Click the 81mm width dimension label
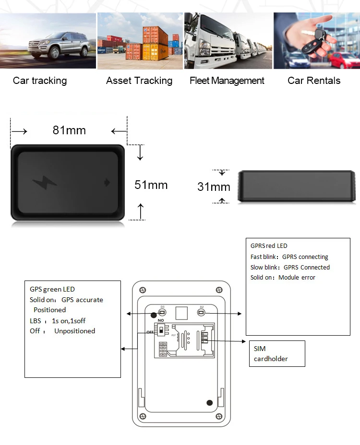(69, 130)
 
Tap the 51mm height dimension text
(151, 185)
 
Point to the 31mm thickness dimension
(214, 187)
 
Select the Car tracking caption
(40, 81)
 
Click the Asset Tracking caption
(139, 81)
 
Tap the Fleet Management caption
(227, 81)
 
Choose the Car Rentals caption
(314, 81)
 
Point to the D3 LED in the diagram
(163, 312)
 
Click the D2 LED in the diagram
(202, 312)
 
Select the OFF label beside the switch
(150, 331)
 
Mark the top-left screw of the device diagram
(143, 289)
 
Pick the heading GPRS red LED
(269, 246)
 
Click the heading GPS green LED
(52, 289)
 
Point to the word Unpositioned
(74, 331)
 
